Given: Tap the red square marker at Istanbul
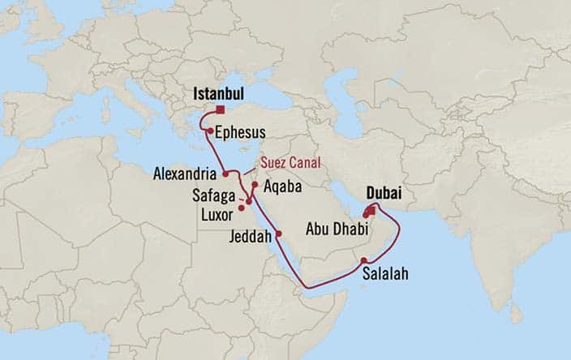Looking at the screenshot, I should coord(220,110).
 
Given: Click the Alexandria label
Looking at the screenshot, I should coord(187,174).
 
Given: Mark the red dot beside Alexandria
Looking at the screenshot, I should coord(225,174).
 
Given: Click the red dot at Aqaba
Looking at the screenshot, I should coord(255,185).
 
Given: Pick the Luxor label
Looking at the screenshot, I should coord(217,214).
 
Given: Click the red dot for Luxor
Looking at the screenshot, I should coord(241,208).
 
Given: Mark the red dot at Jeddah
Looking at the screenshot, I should coord(278,234).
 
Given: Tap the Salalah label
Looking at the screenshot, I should coord(385,273).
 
